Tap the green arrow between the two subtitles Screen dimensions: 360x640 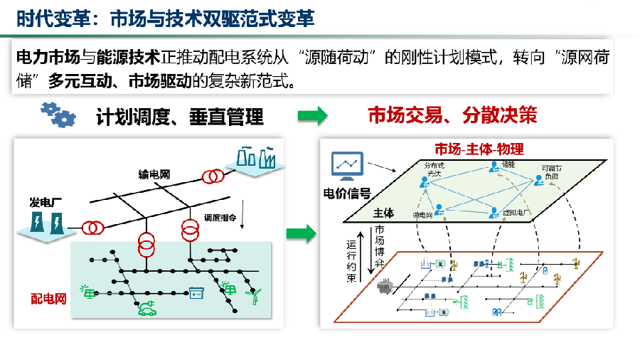tap(312, 115)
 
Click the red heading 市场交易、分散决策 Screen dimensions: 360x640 tap(452, 115)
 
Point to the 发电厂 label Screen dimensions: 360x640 tap(46, 201)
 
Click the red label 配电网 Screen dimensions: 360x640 tap(49, 300)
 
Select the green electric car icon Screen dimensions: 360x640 tap(146, 308)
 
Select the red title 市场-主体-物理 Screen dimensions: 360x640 tap(479, 149)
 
